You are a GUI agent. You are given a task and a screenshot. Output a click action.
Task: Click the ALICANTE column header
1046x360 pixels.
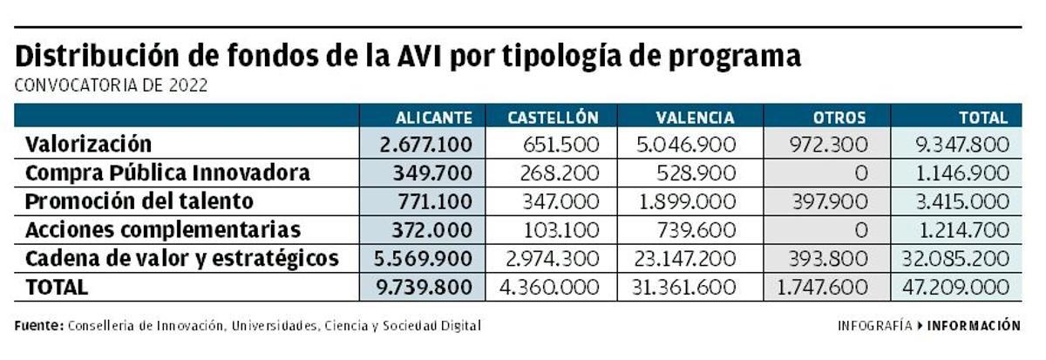(x=433, y=117)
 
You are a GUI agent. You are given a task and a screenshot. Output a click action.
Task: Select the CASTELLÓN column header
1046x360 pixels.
(x=553, y=117)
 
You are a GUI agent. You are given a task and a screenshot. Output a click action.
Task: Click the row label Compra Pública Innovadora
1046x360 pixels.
(x=167, y=173)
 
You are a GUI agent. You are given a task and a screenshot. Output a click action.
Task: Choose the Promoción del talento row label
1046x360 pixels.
(x=139, y=201)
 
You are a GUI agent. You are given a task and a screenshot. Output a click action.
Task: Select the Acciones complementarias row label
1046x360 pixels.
(x=163, y=230)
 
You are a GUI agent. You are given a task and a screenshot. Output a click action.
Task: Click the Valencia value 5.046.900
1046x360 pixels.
(x=687, y=145)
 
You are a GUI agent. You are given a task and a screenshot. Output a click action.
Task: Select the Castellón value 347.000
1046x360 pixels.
(x=561, y=202)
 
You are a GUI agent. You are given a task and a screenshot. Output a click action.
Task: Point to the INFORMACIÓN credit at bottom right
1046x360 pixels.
(x=974, y=325)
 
